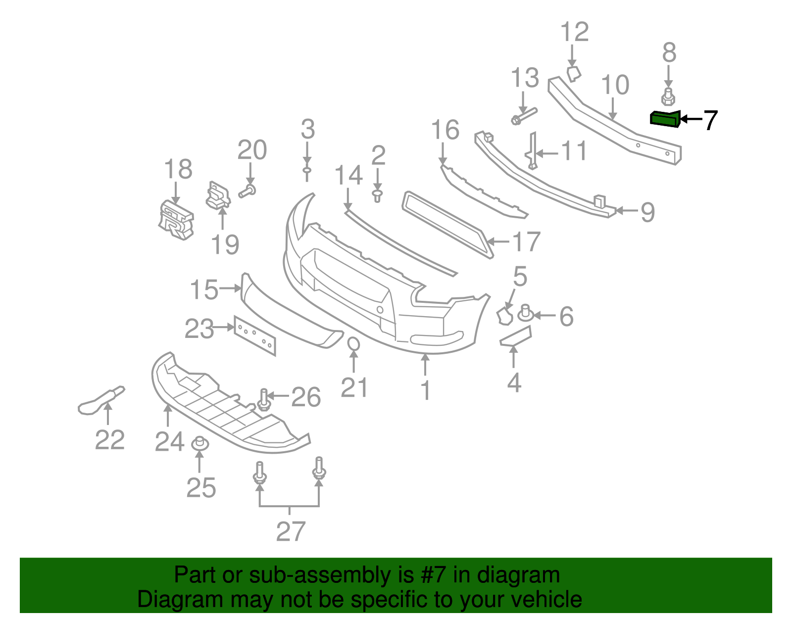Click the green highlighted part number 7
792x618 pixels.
click(664, 119)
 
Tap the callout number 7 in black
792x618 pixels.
click(710, 120)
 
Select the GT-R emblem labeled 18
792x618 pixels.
click(176, 221)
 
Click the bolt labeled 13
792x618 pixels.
click(523, 116)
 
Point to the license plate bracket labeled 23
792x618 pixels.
click(255, 335)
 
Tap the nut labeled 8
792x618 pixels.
click(668, 96)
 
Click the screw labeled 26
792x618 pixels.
click(264, 400)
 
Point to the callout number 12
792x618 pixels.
click(575, 33)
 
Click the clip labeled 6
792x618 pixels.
click(525, 313)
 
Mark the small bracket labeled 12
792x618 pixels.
click(574, 74)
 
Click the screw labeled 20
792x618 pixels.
click(247, 190)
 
